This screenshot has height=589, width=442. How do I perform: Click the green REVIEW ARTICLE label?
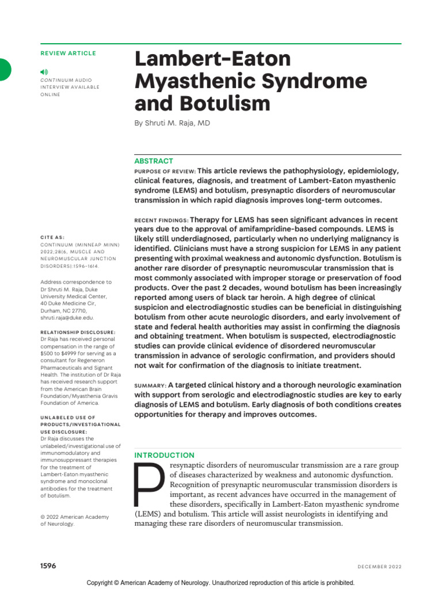pyautogui.click(x=68, y=53)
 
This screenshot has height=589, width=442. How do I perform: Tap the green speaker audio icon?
pyautogui.click(x=44, y=71)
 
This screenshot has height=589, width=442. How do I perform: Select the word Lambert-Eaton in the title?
pyautogui.click(x=212, y=59)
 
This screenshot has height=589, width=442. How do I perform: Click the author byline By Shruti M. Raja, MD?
pyautogui.click(x=172, y=123)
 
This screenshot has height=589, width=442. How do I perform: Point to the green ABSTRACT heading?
pyautogui.click(x=153, y=161)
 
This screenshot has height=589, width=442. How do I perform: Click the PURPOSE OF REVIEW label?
pyautogui.click(x=165, y=171)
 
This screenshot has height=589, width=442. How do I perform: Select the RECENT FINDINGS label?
pyautogui.click(x=161, y=220)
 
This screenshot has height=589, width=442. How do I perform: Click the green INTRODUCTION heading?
pyautogui.click(x=164, y=455)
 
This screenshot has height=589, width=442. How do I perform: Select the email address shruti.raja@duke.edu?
pyautogui.click(x=67, y=317)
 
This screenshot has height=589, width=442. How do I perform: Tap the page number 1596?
pyautogui.click(x=48, y=565)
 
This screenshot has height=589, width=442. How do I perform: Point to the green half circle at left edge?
pyautogui.click(x=5, y=70)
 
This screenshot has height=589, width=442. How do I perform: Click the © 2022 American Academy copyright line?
pyautogui.click(x=74, y=517)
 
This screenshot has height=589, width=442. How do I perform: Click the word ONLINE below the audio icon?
pyautogui.click(x=49, y=94)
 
